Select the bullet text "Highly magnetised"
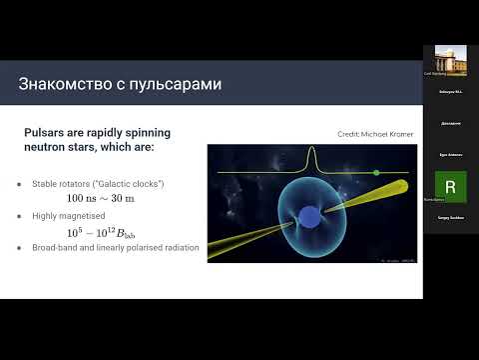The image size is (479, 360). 71,216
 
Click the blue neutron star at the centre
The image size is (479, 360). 310,219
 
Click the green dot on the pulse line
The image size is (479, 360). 376,173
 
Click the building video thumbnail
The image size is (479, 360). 450,59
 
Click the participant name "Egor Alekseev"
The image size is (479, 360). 450,156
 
